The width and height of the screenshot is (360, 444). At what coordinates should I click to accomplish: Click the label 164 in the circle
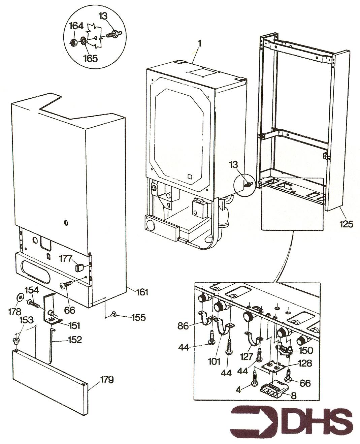pyautogui.click(x=77, y=26)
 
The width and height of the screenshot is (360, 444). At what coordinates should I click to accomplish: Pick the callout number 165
pyautogui.click(x=90, y=58)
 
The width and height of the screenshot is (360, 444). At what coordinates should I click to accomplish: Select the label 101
pyautogui.click(x=214, y=362)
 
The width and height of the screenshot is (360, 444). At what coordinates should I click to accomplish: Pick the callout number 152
pyautogui.click(x=74, y=340)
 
